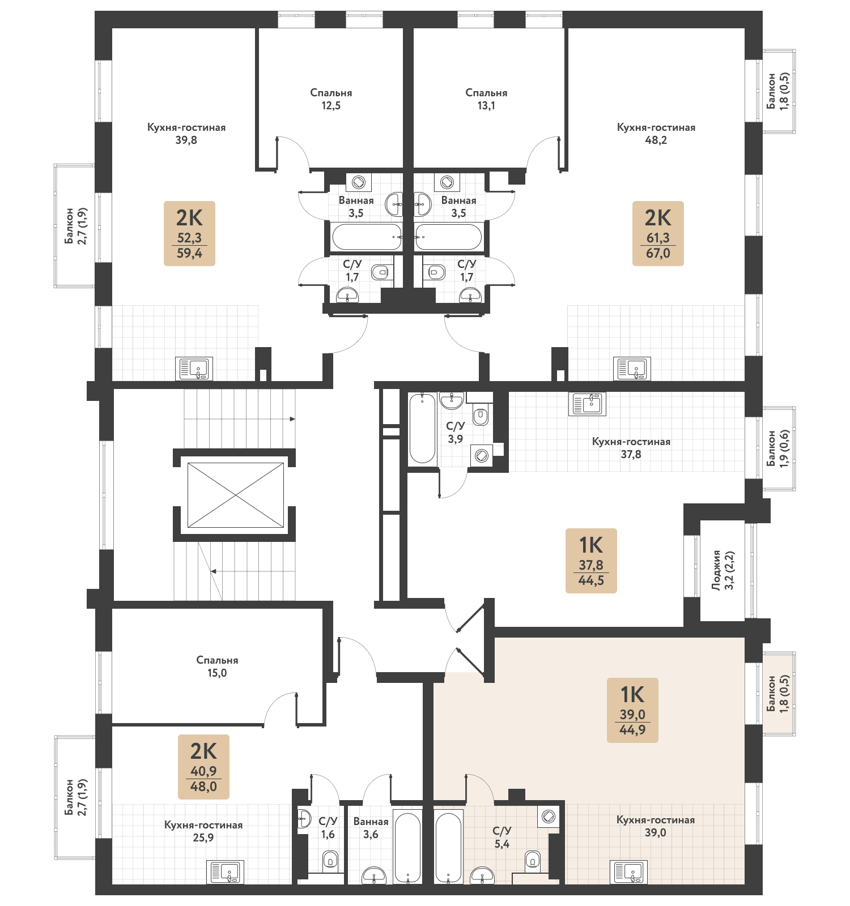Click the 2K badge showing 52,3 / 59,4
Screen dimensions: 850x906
coord(189,233)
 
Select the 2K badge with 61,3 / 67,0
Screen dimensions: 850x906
coord(658,233)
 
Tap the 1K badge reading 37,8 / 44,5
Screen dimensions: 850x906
coord(590,561)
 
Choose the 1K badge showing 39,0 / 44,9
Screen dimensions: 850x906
coord(632,710)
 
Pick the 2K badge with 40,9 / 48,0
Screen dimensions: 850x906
coord(203,767)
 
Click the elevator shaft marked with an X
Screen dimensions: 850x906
coord(235,495)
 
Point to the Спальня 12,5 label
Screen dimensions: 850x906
coord(331,99)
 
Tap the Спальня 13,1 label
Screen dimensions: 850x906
coord(486,99)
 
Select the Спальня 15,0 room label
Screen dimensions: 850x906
coord(217,666)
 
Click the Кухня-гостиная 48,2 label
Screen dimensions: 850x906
coord(656,134)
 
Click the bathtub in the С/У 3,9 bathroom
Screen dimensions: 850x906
coord(422,429)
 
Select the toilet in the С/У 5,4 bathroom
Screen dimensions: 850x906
coord(532,860)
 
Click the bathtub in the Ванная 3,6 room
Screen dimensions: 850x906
coord(407,847)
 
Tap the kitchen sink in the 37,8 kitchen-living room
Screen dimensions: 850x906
coord(587,404)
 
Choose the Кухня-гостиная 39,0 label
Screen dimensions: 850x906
coord(655,826)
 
